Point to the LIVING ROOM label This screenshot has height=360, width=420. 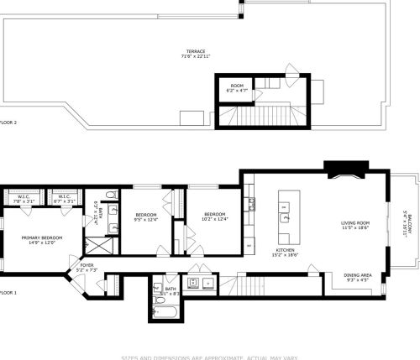coord(355,224)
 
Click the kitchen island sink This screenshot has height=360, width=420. coord(286,217)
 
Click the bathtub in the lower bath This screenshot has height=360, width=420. coord(165,316)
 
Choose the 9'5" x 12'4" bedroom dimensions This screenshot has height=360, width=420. coord(146,221)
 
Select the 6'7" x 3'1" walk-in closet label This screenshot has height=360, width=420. coord(64,202)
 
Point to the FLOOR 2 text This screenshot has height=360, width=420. coord(8,122)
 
